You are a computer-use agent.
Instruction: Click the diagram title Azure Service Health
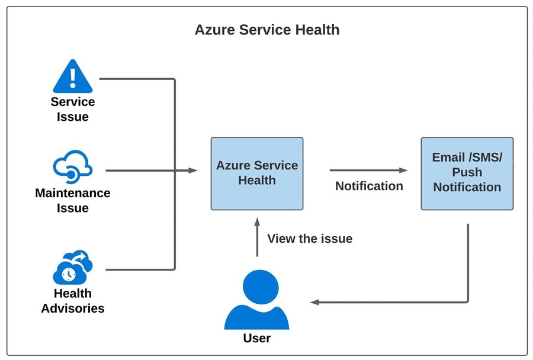(267, 30)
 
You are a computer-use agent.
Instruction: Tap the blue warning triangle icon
(73, 77)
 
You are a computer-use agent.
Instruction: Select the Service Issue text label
(73, 109)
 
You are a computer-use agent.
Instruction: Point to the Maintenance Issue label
(73, 200)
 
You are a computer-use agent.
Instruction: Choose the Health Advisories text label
(73, 301)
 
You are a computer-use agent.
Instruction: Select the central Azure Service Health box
(257, 173)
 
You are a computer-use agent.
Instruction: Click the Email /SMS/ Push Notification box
(467, 173)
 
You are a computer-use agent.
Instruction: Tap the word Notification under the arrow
(369, 186)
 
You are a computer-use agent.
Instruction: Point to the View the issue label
(310, 239)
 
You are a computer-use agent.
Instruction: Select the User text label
(256, 339)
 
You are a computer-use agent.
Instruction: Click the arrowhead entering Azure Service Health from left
(193, 171)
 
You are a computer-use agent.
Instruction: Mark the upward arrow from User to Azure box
(257, 237)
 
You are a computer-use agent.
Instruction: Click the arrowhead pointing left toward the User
(315, 303)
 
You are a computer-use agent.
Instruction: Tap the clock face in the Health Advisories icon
(68, 274)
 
